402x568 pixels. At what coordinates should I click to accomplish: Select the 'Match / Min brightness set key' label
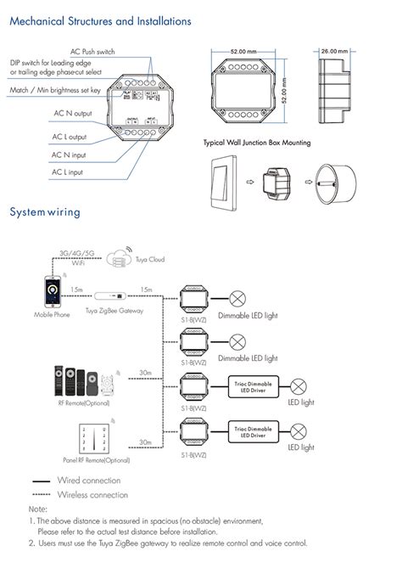55,89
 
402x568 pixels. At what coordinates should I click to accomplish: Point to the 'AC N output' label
70,113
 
